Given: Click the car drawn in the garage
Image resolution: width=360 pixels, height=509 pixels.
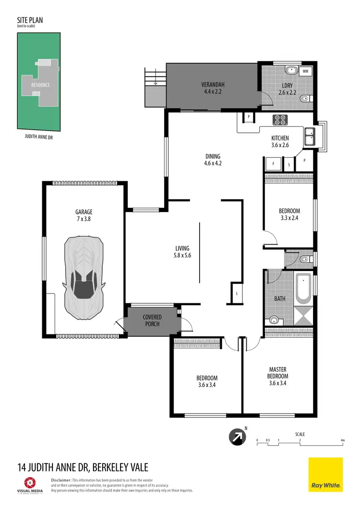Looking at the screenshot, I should [x=84, y=279].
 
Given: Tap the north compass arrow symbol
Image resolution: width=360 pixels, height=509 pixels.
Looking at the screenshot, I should [x=238, y=437].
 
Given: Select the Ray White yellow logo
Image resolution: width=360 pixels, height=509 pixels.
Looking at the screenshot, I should [x=325, y=474].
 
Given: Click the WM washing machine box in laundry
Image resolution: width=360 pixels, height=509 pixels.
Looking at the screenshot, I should [x=306, y=71].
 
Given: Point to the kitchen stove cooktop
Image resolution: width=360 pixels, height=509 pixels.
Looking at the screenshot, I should [x=280, y=119].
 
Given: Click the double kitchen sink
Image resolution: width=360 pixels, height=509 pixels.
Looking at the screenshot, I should [x=310, y=136].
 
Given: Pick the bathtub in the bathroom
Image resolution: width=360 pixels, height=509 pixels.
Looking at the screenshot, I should [x=303, y=289].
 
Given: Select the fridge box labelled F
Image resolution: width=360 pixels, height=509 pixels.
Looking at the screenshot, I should [x=273, y=164].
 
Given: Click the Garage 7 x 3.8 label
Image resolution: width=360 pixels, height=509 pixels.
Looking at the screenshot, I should [x=84, y=215].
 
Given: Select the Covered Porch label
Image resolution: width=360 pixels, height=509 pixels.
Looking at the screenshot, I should [x=152, y=320].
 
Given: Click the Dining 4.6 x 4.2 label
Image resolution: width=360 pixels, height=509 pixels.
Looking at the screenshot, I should [x=213, y=160].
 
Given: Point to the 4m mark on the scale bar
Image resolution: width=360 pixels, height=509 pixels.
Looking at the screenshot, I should [x=342, y=440].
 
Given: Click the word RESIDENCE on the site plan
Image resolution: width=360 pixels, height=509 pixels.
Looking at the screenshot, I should [x=40, y=85].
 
